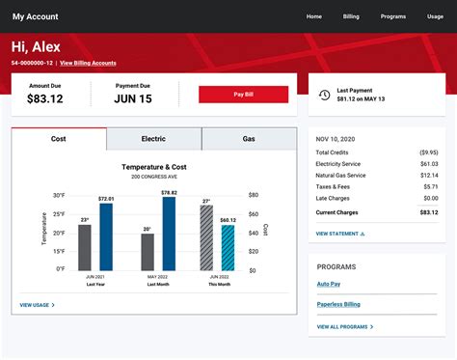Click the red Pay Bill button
point(243,95)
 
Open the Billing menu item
point(351,16)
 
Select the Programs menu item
point(392,16)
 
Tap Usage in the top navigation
point(435,16)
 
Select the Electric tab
point(153,139)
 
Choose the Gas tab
point(248,139)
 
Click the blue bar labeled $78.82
point(169,234)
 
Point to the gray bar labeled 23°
point(85,248)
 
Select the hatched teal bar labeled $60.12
point(228,247)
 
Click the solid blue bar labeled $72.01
point(106,236)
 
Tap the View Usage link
point(37,305)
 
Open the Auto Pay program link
point(330,284)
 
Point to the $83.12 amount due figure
point(45,98)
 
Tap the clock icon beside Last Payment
point(324,95)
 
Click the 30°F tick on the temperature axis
point(59,195)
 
